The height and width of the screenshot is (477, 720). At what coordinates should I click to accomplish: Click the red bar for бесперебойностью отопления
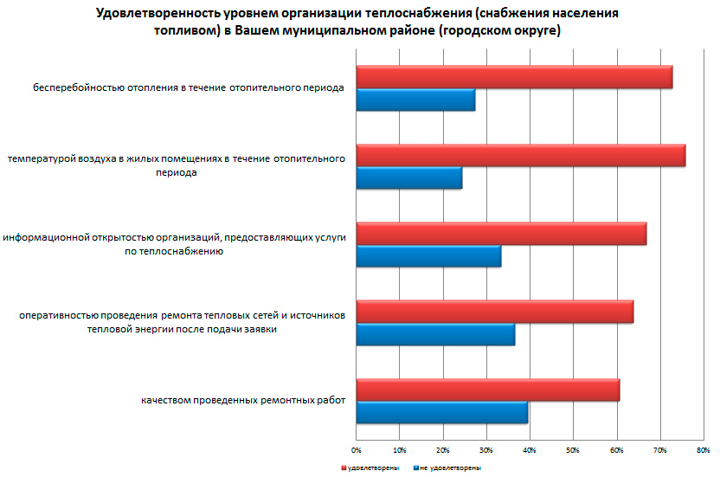point(514,77)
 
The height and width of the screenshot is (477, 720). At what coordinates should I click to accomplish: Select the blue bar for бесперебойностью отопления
point(415,100)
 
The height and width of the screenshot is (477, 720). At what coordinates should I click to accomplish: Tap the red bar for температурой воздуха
point(520,156)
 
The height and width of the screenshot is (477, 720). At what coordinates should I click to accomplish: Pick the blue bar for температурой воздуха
point(409,178)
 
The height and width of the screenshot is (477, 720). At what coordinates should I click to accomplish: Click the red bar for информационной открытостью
point(501,234)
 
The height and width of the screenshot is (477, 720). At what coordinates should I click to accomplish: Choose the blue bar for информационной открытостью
point(428,257)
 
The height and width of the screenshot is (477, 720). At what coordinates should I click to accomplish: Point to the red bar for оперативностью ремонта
point(494,312)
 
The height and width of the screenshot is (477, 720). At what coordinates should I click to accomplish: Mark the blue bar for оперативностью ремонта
point(435,334)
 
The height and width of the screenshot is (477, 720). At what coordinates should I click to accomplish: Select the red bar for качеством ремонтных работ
point(487,390)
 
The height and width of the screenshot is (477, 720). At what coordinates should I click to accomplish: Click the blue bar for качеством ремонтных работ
point(442,413)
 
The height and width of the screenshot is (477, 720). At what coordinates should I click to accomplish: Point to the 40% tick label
point(530,450)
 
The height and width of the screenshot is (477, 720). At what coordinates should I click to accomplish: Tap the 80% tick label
point(703,450)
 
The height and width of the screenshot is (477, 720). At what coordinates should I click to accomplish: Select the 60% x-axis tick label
point(616,450)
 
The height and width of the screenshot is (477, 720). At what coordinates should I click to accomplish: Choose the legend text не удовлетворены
point(451,467)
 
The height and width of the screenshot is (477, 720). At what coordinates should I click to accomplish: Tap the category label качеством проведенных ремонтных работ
point(243,400)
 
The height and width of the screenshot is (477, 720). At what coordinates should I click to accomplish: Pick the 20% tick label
point(443,450)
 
